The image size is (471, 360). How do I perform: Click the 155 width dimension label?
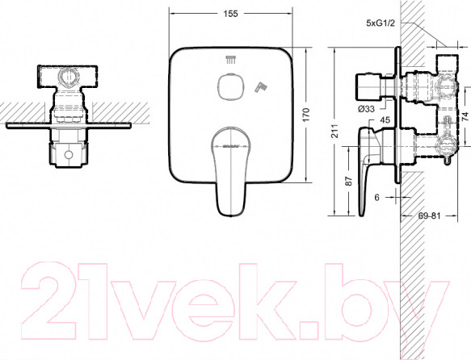click(231, 14)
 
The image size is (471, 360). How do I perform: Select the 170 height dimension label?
click(305, 115)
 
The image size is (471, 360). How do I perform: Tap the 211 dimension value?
click(334, 131)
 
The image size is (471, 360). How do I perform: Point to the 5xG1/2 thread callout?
click(380, 23)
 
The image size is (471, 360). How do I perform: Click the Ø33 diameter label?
click(366, 109)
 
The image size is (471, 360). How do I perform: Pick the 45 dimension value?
click(385, 120)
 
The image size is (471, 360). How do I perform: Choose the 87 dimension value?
click(348, 181)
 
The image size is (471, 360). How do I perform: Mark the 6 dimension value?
click(377, 197)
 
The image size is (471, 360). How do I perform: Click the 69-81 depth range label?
click(429, 216)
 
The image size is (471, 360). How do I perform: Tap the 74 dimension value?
click(465, 116)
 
